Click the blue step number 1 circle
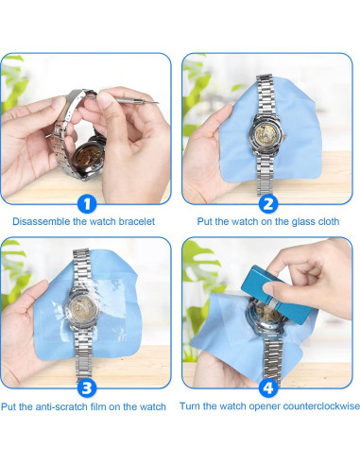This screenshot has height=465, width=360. (x=87, y=203)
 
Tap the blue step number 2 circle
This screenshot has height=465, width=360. (x=268, y=203)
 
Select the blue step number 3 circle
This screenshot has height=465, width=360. (x=87, y=387)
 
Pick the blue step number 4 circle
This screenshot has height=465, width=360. (x=268, y=387)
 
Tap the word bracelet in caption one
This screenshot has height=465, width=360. (x=136, y=221)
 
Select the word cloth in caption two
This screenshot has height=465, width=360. (x=328, y=221)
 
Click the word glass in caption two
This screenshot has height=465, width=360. (x=302, y=222)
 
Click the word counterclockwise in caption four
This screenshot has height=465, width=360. (x=321, y=406)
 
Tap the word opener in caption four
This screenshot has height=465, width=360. (x=265, y=406)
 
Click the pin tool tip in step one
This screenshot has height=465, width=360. (x=157, y=102)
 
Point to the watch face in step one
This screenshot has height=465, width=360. (x=89, y=156)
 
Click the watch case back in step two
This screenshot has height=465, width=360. (x=266, y=134)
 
